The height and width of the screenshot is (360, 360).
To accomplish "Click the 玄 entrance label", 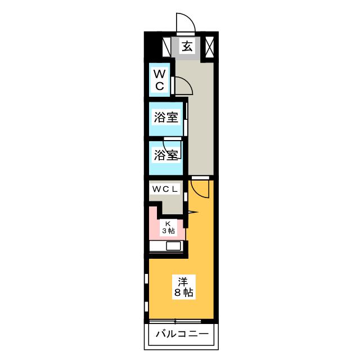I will click(187, 47).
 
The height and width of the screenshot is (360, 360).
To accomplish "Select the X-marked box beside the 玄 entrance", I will click(209, 47).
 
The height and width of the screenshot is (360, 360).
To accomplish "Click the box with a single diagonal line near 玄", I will click(167, 47).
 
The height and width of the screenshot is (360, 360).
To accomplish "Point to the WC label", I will click(160, 79).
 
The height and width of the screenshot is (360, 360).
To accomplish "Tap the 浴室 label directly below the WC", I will click(166, 118).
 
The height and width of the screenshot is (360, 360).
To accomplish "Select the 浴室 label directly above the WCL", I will click(166, 155).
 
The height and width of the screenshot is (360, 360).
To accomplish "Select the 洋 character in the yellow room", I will click(183, 282).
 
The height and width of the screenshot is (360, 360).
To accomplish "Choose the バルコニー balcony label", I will click(182, 334).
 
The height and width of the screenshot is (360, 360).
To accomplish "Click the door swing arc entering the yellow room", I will click(198, 187).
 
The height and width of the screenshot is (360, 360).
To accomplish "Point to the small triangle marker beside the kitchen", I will click(192, 212).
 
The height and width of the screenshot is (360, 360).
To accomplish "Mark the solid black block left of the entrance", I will click(151, 47).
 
